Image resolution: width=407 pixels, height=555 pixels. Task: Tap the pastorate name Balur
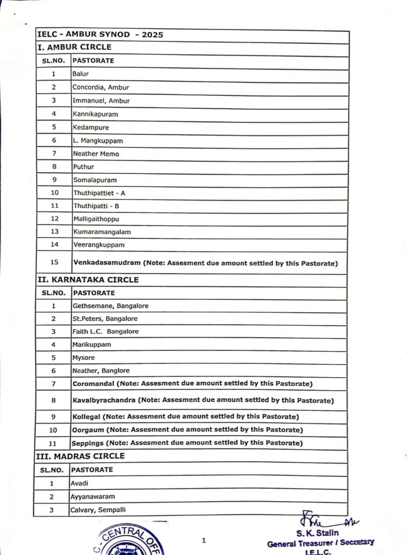click(x=81, y=74)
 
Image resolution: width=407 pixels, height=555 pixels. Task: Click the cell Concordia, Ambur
click(x=101, y=87)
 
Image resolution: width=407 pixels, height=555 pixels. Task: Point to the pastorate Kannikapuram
click(x=95, y=114)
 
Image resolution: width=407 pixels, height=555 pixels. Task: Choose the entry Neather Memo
click(x=96, y=154)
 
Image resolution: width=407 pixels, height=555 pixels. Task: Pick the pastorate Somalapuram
click(x=95, y=180)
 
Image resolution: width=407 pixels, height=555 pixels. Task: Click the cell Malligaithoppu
click(x=96, y=219)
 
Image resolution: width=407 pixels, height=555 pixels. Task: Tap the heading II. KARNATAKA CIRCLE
click(x=87, y=280)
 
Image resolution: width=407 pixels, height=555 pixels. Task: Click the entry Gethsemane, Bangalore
click(x=110, y=306)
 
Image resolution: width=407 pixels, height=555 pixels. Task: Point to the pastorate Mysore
click(x=83, y=358)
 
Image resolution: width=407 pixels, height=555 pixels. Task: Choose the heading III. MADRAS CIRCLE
click(x=80, y=456)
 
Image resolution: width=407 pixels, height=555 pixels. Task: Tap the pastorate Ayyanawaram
click(x=92, y=496)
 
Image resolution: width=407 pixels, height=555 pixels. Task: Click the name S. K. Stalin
click(x=317, y=533)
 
